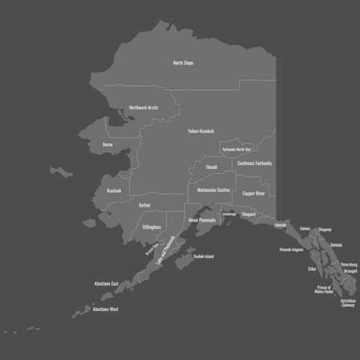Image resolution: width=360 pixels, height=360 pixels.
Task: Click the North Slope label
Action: [183, 63]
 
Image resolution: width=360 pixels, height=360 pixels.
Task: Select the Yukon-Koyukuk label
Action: [201, 131]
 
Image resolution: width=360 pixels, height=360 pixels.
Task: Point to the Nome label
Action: [108, 144]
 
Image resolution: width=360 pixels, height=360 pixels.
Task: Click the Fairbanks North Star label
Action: [237, 149]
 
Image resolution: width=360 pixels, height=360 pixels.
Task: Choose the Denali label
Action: [212, 167]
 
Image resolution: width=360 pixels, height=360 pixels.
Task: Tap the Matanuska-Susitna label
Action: [213, 190]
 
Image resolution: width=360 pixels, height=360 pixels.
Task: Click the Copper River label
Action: [253, 194]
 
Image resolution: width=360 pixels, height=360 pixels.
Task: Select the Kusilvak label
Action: [114, 191]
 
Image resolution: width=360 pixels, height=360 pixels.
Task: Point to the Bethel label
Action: [145, 205]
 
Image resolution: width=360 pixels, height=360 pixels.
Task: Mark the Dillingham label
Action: [152, 227]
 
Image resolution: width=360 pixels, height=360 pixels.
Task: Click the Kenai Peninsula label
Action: [202, 220]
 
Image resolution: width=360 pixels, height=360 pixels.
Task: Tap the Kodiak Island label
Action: [199, 256]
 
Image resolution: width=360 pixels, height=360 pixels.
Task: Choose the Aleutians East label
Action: [106, 284]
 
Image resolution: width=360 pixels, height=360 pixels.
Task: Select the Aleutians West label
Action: [105, 309]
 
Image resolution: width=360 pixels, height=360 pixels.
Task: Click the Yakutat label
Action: [280, 225]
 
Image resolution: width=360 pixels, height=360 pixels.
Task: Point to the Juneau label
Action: [336, 245]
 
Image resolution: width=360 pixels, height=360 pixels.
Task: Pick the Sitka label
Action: [312, 269]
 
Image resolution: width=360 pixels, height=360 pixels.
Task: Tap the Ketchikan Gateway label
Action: [348, 303]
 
